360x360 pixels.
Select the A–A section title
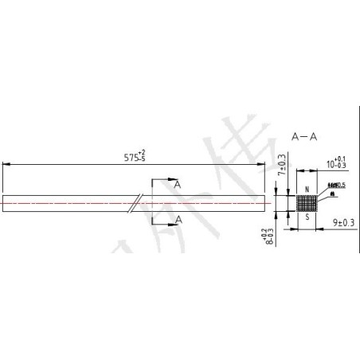(305, 137)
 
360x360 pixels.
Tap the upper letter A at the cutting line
(178, 183)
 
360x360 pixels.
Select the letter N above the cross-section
(307, 190)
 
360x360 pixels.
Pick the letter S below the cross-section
(307, 216)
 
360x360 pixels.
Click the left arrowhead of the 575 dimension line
(6, 164)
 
